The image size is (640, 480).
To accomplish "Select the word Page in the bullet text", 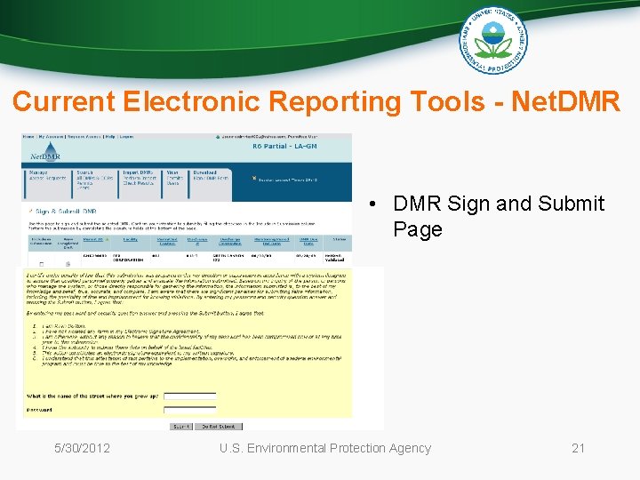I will (417, 229).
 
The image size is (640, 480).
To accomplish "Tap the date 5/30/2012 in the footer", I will (82, 448).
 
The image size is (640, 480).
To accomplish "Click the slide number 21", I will (578, 448).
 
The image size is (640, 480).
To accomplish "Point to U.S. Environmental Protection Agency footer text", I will (325, 448).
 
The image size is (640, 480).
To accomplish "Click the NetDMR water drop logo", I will (38, 154).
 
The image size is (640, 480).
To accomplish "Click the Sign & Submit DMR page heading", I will (67, 212).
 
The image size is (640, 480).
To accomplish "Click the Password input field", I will (190, 411).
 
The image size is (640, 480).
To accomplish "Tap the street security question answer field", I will (190, 396).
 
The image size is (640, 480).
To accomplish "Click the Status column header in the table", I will (340, 239).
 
